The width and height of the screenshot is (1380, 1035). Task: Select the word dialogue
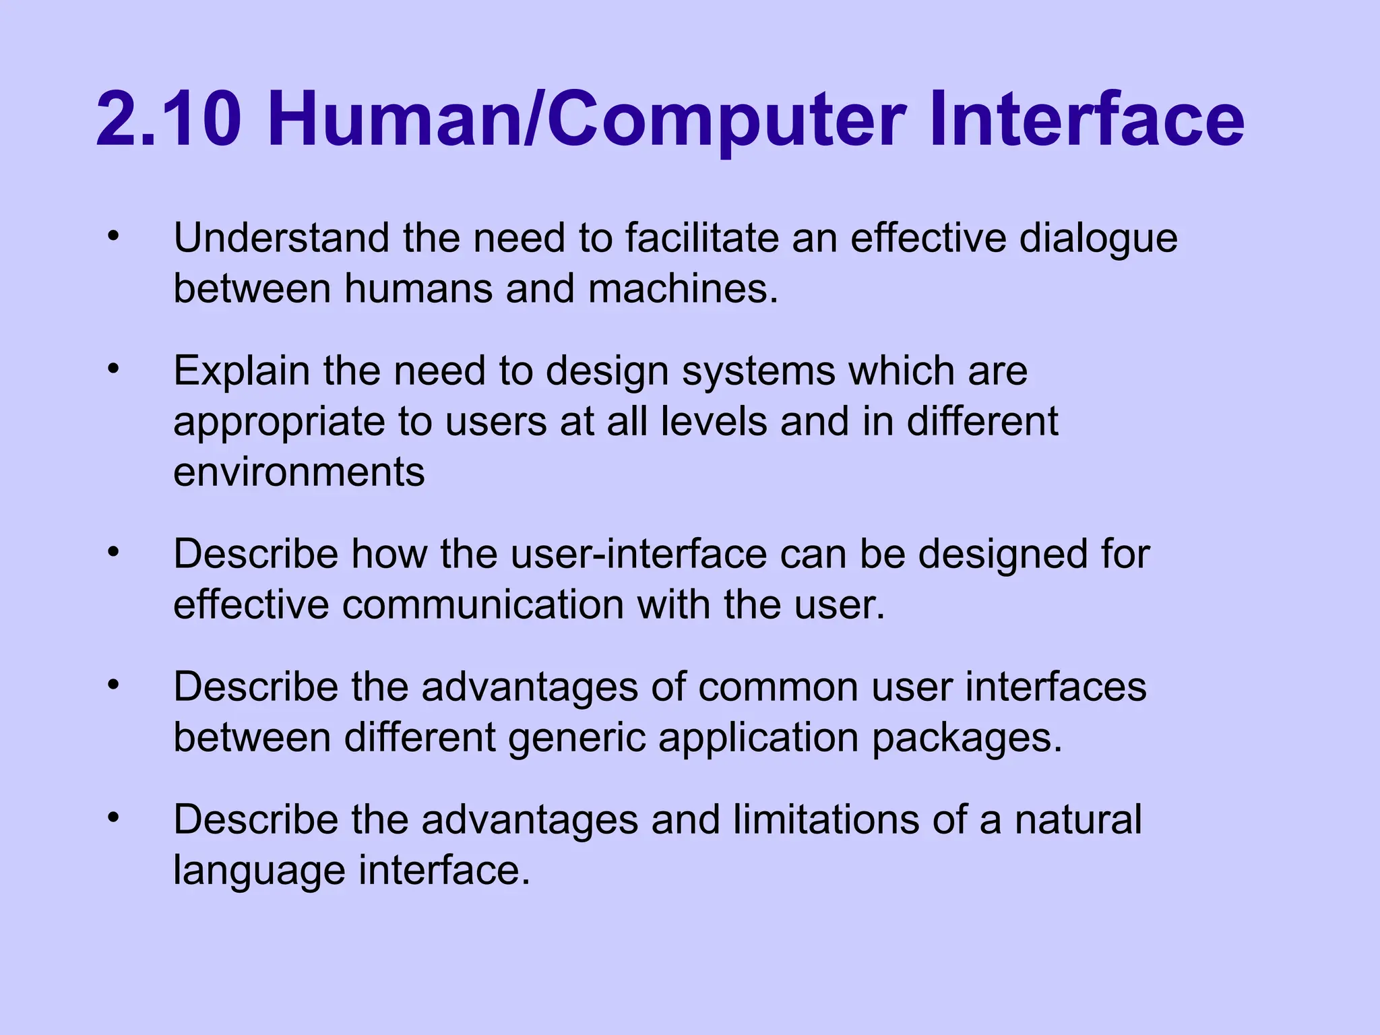pos(1098,239)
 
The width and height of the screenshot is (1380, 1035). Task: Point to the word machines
pos(683,288)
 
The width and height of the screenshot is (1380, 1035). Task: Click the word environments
pos(299,472)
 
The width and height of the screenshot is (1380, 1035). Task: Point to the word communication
pos(483,604)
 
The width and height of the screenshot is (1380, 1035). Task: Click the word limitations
pos(826,819)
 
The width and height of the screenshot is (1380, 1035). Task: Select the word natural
pos(1077,819)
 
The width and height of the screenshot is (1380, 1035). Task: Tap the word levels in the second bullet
pos(714,422)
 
